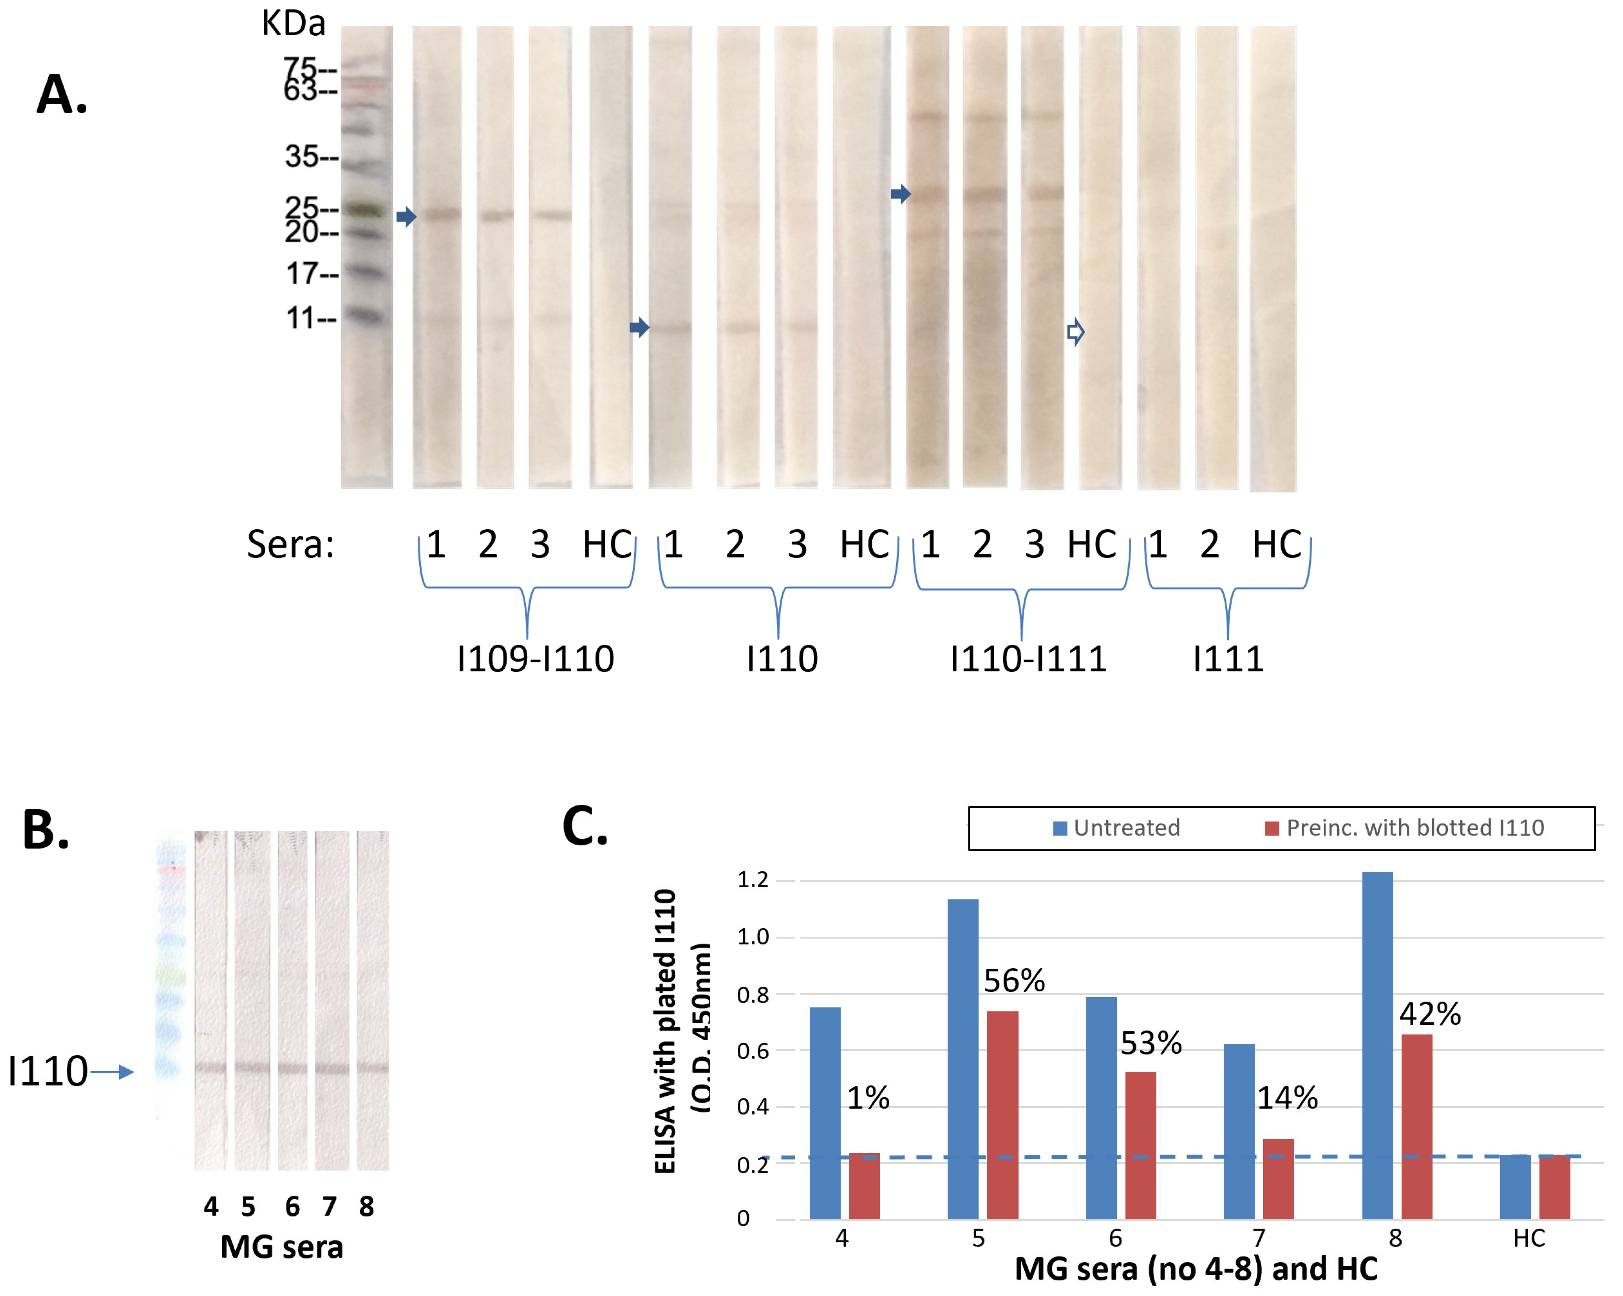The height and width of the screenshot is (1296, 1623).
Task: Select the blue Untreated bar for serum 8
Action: point(1378,1046)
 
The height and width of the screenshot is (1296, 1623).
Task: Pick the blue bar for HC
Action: point(1515,1188)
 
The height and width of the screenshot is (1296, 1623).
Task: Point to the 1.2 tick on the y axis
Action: point(753,880)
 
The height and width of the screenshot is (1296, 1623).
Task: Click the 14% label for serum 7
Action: point(1287,1098)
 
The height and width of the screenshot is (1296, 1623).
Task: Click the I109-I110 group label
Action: point(535,659)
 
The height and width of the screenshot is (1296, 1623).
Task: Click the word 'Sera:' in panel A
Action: point(291,544)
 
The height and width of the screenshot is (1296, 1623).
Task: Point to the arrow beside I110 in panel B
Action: point(113,1072)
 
